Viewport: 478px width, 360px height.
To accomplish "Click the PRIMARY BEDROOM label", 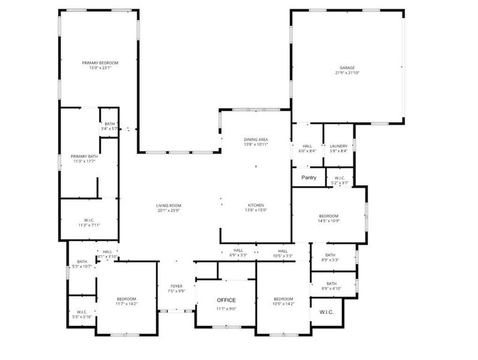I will (x=100, y=63).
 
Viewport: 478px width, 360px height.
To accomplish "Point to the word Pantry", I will (x=308, y=178).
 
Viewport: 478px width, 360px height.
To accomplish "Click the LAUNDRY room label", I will (x=338, y=146).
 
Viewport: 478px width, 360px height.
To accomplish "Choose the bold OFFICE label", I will (x=226, y=300).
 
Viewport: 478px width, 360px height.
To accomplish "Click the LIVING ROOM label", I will (x=168, y=206).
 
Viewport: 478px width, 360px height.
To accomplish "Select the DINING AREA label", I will (x=255, y=139).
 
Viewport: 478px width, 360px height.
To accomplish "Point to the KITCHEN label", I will (x=256, y=205).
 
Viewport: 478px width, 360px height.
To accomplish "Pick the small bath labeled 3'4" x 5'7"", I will (x=109, y=128).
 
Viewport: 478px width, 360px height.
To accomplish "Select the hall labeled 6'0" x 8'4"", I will (x=307, y=151).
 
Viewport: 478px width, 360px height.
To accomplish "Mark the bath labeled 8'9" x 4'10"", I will (x=331, y=289).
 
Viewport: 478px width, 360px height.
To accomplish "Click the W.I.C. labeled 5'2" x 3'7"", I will (x=339, y=182).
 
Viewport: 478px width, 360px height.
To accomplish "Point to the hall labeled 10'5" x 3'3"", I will (x=282, y=256).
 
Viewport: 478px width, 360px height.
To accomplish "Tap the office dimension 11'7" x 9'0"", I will (x=226, y=309).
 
